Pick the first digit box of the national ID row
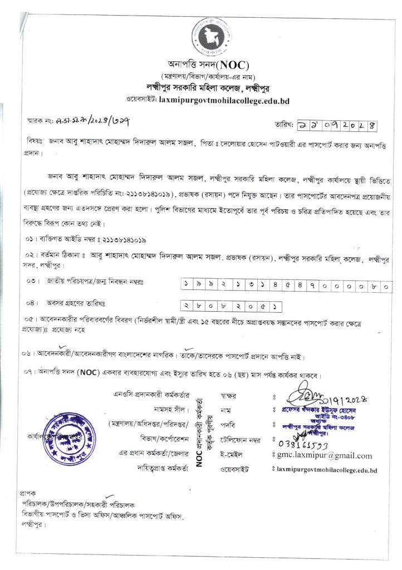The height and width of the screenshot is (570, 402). [x=186, y=285]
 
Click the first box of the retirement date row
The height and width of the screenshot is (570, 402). [x=186, y=305]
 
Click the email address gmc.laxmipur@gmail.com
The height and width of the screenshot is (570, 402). [x=325, y=456]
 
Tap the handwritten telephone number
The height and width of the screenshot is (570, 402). [x=301, y=441]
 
